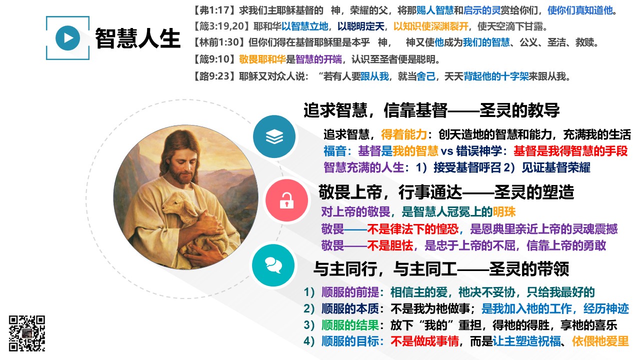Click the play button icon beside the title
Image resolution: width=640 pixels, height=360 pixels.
[x=67, y=38]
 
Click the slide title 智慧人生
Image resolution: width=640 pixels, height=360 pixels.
[x=137, y=38]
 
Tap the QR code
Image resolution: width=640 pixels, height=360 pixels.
[x=27, y=333]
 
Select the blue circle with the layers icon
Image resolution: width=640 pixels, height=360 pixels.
[x=274, y=136]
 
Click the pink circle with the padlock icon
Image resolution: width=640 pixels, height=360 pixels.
[x=286, y=200]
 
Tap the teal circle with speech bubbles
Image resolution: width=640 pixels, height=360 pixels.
[x=273, y=265]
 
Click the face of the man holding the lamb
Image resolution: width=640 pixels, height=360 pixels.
[x=183, y=161]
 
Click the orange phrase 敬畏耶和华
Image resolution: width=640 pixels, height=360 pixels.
[x=262, y=59]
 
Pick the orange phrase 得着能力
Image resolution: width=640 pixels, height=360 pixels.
[x=403, y=134]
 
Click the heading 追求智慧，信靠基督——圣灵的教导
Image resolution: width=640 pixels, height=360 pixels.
[x=431, y=110]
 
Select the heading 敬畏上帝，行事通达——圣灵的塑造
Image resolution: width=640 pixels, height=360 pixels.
[x=446, y=192]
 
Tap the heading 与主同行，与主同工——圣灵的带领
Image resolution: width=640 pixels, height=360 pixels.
[x=441, y=269]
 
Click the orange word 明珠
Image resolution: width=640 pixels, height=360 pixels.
[x=504, y=212]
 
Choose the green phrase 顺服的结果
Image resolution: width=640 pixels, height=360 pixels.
[x=350, y=325]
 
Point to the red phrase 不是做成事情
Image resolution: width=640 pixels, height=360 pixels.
[x=424, y=341]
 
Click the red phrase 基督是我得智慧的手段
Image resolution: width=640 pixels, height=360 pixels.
[x=570, y=151]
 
